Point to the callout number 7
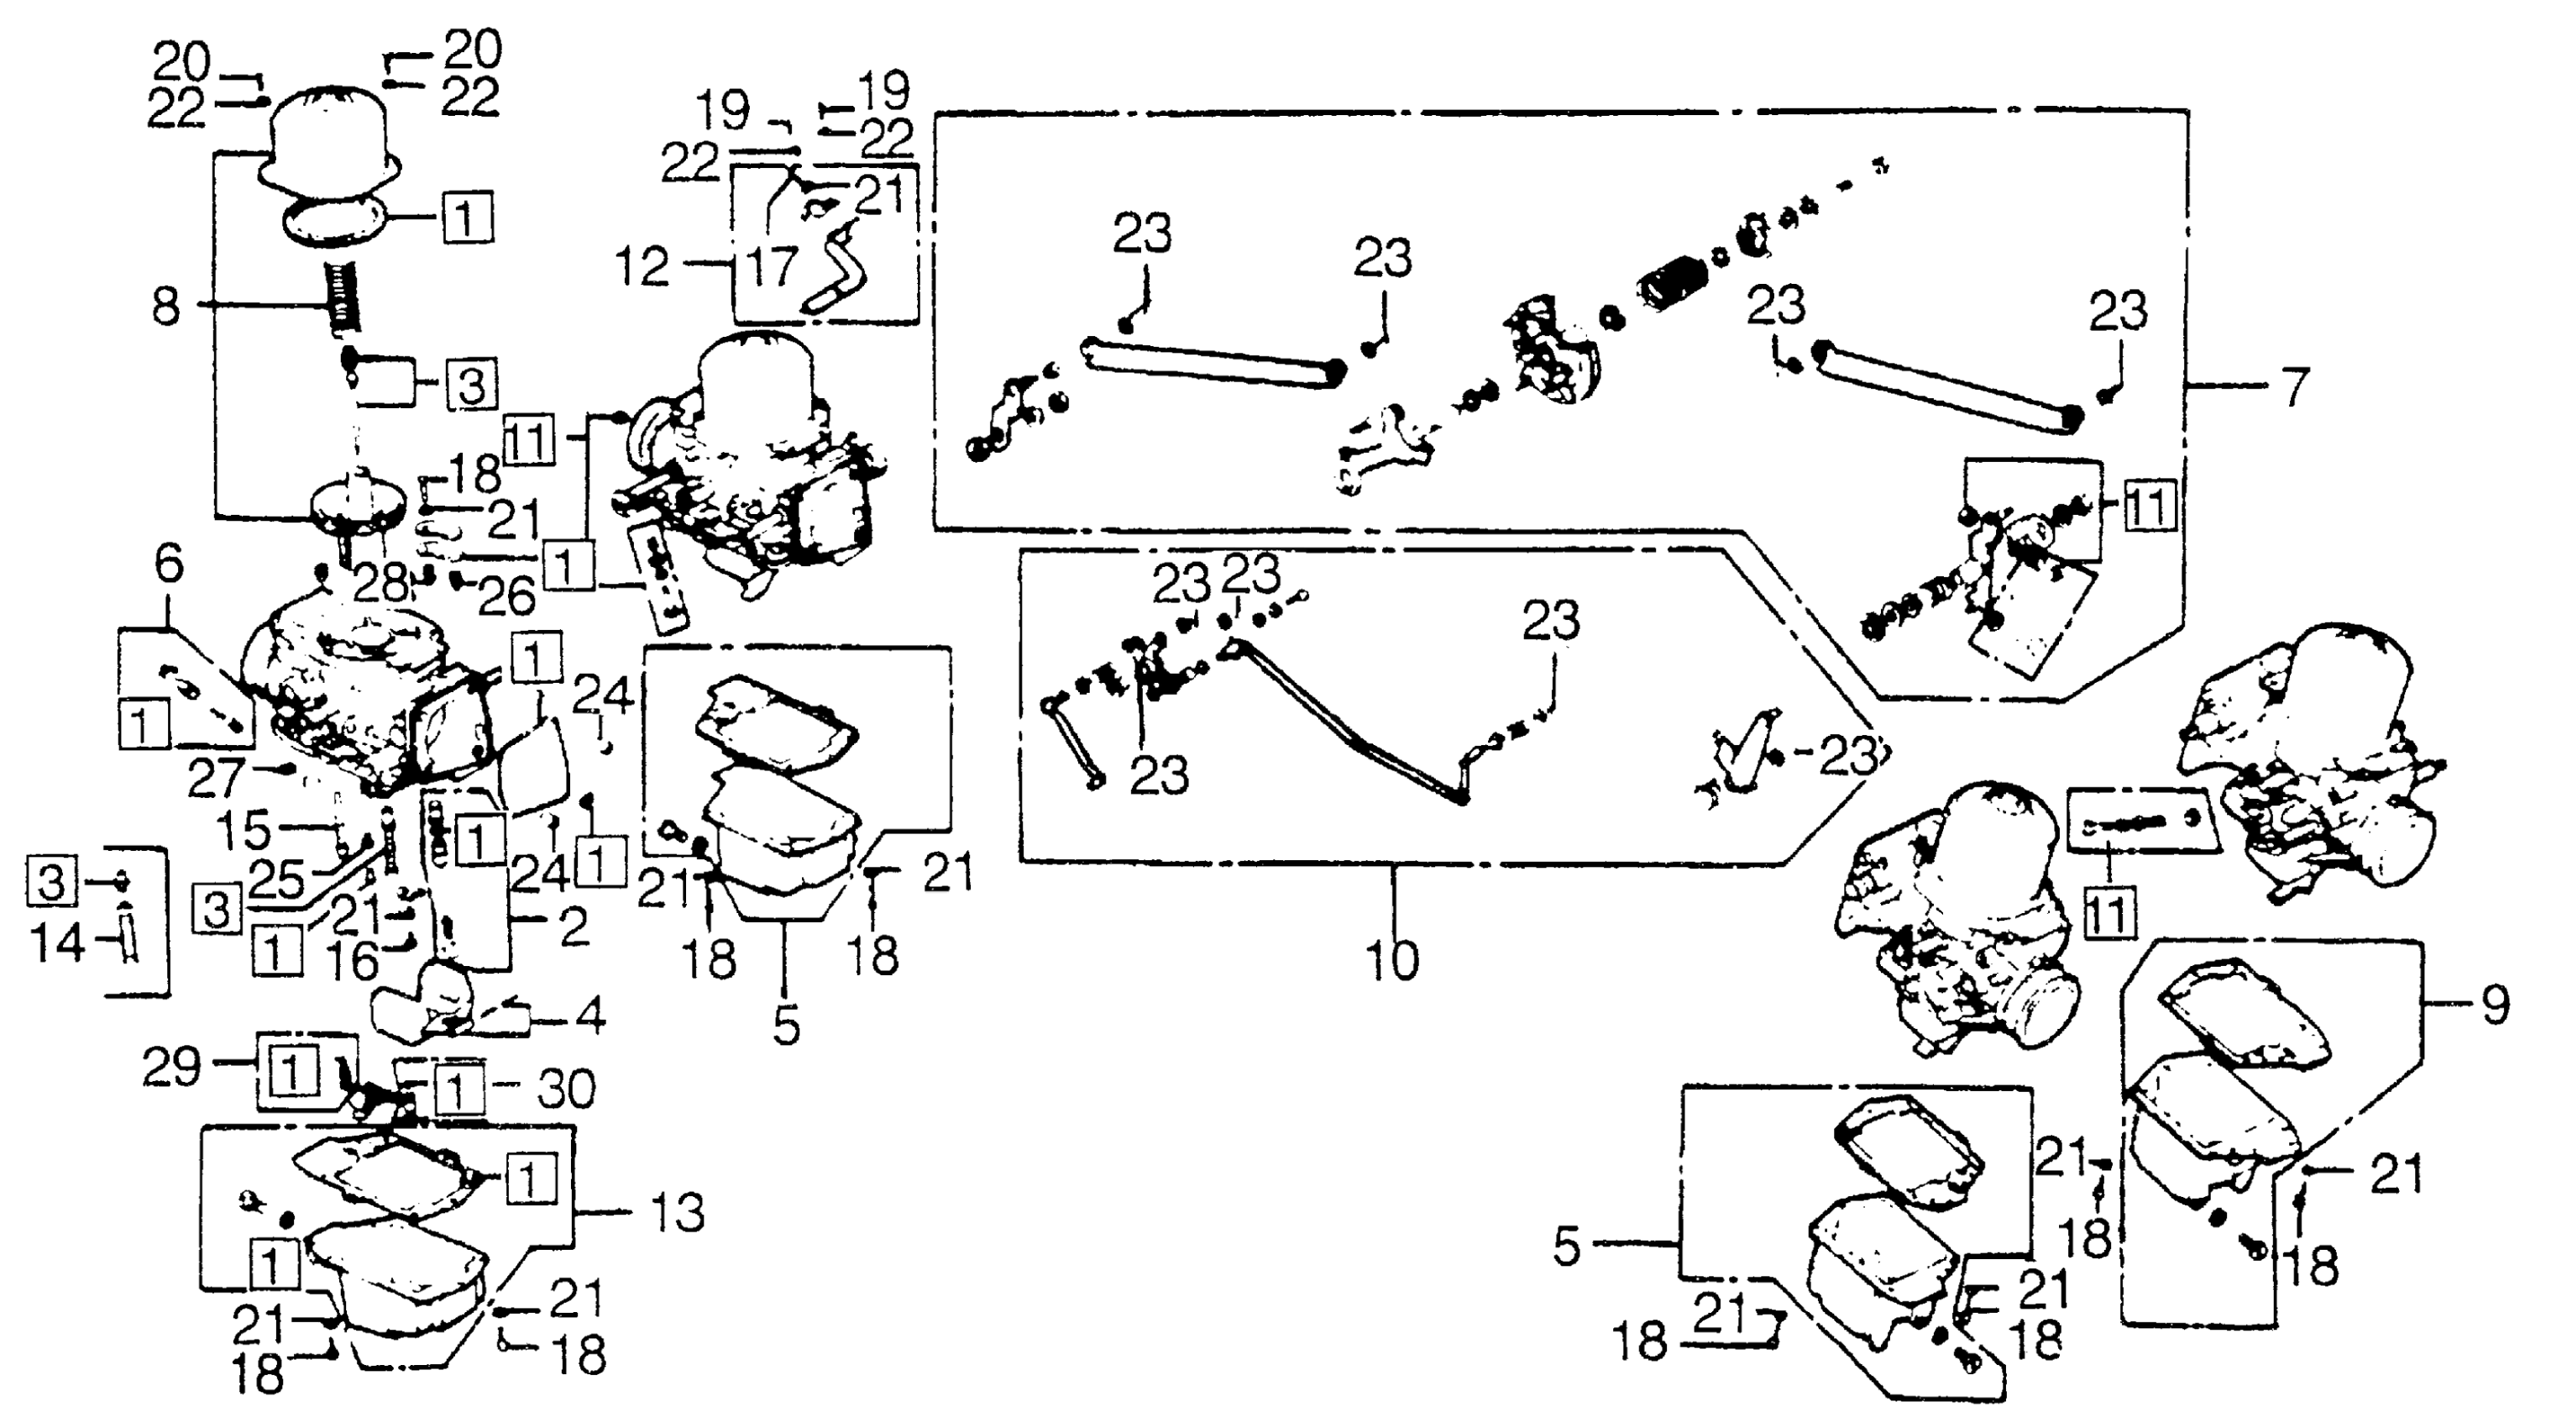tap(2295, 386)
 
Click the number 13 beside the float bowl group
tap(677, 1213)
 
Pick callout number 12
tap(642, 267)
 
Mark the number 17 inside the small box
tap(773, 266)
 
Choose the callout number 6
tap(170, 564)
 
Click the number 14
tap(58, 942)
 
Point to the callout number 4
tap(590, 1017)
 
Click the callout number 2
tap(574, 927)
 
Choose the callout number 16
tap(354, 961)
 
